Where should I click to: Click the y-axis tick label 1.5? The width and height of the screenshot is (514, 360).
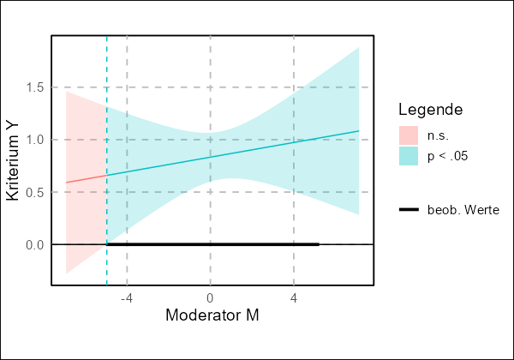pos(34,87)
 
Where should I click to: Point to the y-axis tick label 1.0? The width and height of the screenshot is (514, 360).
pos(34,140)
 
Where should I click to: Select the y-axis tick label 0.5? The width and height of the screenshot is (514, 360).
pos(34,192)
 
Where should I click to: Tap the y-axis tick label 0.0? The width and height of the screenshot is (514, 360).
pos(34,244)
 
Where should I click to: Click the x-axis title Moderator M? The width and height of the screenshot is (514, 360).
pos(212,316)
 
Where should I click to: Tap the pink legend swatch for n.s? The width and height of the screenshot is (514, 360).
pos(408,135)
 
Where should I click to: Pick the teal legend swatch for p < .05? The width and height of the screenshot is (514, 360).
pos(408,156)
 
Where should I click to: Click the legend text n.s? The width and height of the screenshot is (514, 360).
pos(438,135)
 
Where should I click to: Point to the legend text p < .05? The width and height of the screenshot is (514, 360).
pos(448,156)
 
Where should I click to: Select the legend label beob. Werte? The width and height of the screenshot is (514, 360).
pos(463,210)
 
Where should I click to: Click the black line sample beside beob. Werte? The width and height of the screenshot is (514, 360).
pos(408,210)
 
